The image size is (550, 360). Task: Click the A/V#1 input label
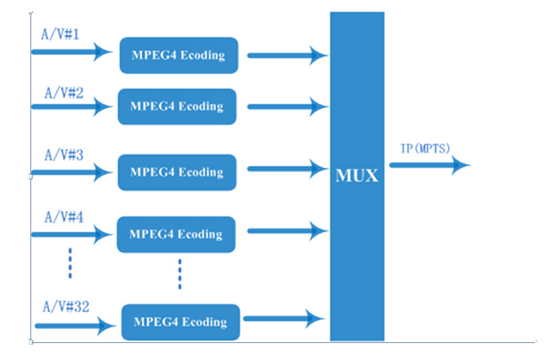pos(60,34)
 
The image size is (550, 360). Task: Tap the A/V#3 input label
pos(64,154)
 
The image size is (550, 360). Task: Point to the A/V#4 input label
pos(64,215)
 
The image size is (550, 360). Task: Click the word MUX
pos(357,175)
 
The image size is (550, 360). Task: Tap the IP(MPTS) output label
pos(424,147)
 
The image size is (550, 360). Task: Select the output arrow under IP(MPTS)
pos(429,165)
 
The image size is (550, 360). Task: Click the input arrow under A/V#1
pos(71,52)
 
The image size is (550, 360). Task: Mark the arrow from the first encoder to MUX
pos(287,56)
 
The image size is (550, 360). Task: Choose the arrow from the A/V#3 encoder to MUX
pos(285,167)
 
